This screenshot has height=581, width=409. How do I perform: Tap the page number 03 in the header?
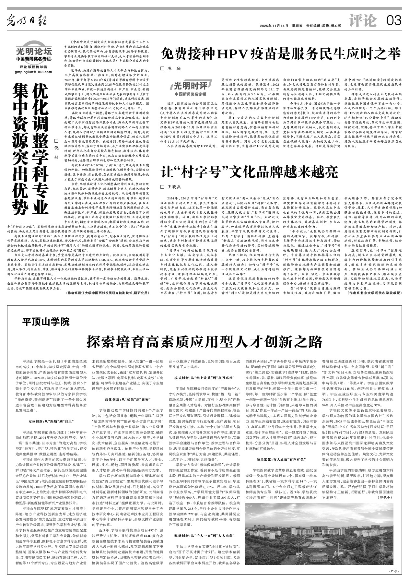pos(394,21)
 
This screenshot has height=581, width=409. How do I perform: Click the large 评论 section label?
pos(363,21)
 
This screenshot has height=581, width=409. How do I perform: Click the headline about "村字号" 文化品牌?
pos(250,171)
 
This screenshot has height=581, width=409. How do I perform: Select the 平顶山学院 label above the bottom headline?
pos(46,322)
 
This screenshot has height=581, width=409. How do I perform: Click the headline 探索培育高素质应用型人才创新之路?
pos(204,341)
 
